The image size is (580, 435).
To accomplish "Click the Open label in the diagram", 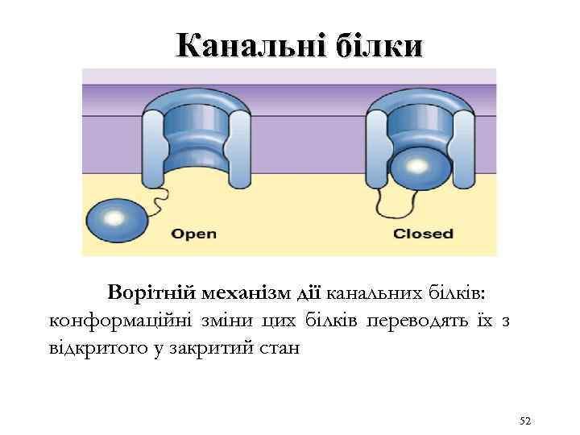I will click(x=194, y=234).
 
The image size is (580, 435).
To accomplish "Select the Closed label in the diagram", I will click(x=423, y=234).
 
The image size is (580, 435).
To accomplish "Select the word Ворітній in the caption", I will click(x=156, y=292).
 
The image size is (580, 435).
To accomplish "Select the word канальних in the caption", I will click(x=362, y=292).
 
